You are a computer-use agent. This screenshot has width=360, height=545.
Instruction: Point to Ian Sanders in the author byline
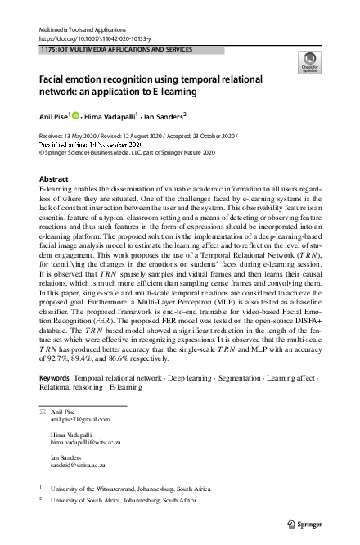164,115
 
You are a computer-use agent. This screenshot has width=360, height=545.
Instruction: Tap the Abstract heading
55,178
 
